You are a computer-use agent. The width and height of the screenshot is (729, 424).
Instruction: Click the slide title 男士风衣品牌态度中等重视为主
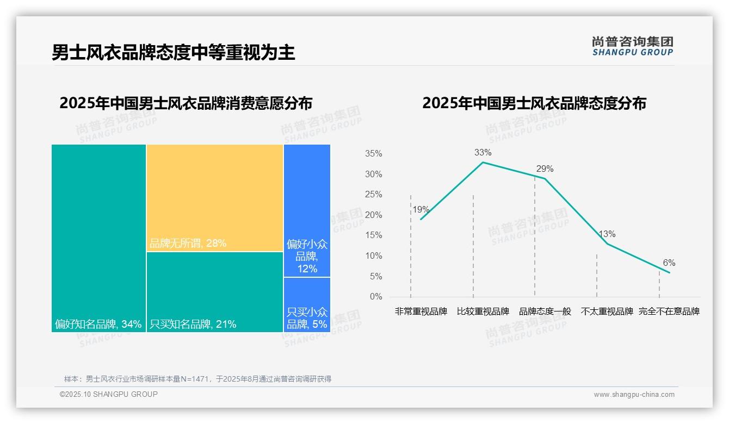pos(173,52)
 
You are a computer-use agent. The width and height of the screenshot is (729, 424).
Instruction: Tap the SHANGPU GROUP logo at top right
pos(632,46)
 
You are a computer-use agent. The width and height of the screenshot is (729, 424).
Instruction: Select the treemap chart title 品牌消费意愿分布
pos(186,103)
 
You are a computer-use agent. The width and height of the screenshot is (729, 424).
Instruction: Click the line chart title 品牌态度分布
pos(534,103)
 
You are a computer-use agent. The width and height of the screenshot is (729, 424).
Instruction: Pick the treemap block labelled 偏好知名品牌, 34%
pos(98,238)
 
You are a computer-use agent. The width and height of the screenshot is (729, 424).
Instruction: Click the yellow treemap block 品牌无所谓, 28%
pos(214,198)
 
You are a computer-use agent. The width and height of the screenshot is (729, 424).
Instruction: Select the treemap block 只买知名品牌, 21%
pos(214,292)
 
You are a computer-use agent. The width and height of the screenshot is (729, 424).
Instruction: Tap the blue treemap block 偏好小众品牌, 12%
pos(307,210)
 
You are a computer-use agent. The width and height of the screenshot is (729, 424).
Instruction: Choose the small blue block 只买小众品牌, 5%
pos(307,305)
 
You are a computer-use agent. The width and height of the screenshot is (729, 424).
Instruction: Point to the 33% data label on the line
pos(483,153)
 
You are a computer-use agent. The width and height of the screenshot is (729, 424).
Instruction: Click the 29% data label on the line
pos(545,169)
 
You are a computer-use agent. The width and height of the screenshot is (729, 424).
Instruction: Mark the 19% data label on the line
pos(421,210)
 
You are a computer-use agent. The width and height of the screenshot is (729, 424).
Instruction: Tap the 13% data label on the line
pos(607,234)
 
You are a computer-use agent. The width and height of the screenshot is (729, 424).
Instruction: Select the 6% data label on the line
pos(669,263)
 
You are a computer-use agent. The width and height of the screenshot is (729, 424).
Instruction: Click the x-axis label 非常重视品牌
pos(421,311)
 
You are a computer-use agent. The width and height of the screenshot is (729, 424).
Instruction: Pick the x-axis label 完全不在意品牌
pos(669,311)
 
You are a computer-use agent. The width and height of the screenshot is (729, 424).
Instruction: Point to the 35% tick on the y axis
pos(373,154)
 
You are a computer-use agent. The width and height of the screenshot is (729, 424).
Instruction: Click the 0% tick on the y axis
pos(376,297)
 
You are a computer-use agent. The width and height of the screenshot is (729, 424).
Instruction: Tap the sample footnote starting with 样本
pos(197,379)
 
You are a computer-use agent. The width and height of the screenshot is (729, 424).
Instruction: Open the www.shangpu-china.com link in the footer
pos(634,395)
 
